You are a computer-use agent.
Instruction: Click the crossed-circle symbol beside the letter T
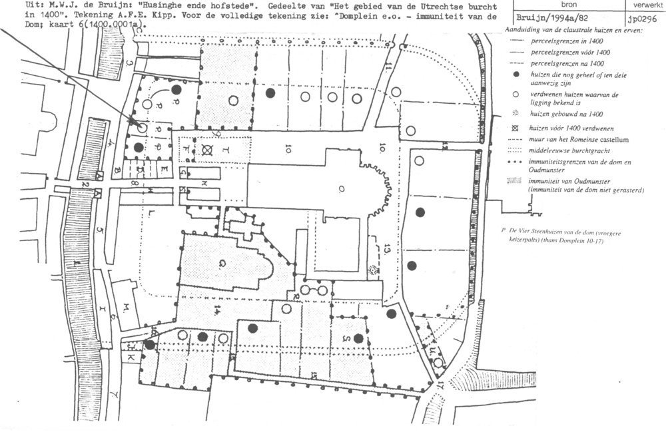pos(209,151)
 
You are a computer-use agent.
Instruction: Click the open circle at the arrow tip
pos(143,126)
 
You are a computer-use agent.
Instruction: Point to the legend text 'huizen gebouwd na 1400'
pos(558,114)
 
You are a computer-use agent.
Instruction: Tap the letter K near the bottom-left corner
pos(131,358)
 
